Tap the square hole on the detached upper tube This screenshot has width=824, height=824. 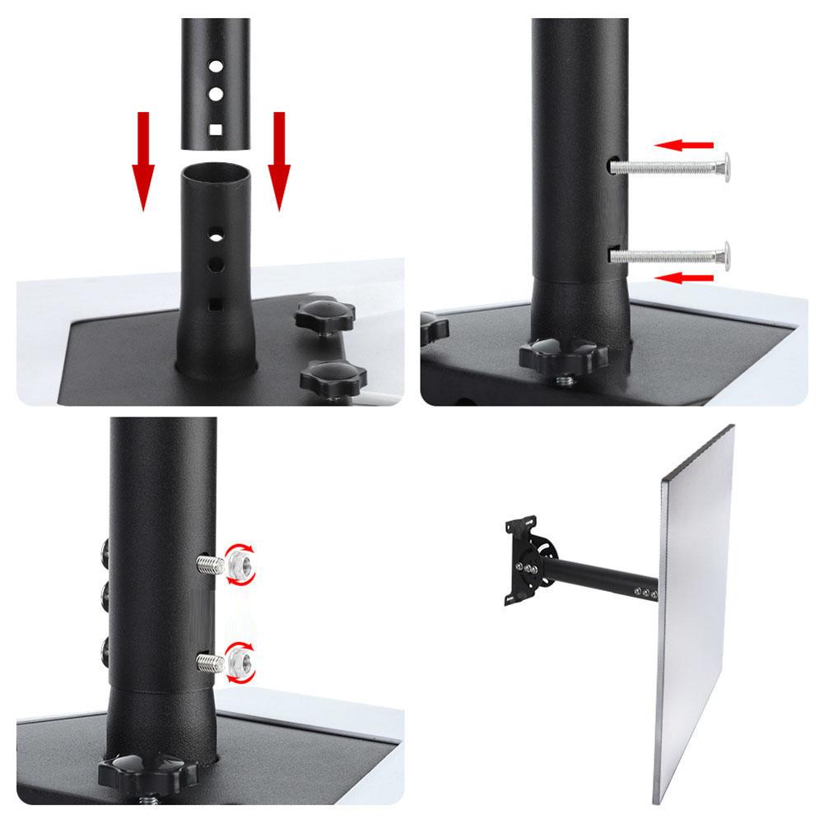215,129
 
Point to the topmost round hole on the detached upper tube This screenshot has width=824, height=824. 214,64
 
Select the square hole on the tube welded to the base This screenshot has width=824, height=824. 215,303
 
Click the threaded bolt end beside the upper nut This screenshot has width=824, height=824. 209,564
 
